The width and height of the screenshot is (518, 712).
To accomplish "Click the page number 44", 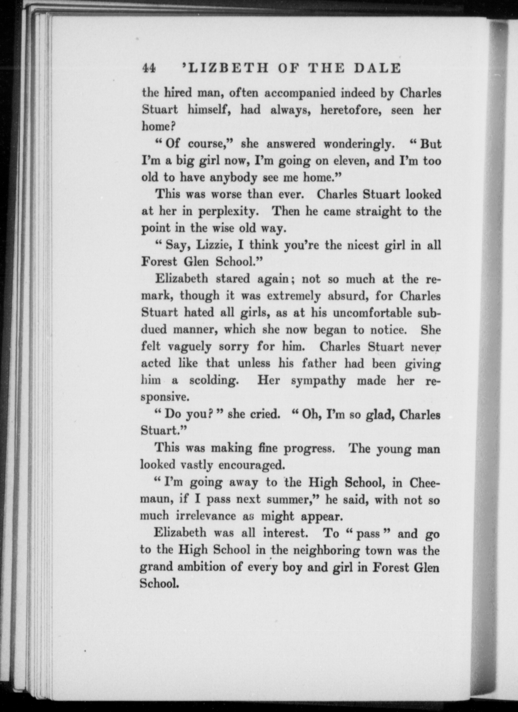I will [149, 68].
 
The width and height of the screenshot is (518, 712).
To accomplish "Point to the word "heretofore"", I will [351, 110].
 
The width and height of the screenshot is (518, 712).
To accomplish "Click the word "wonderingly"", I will [358, 144].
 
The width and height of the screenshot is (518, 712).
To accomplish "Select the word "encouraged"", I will [252, 466].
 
